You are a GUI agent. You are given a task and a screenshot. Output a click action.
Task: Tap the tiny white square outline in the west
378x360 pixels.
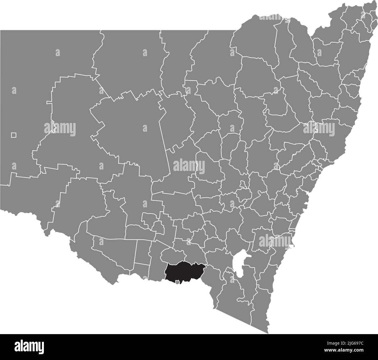(13, 135)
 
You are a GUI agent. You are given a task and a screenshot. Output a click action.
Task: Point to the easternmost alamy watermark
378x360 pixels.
(319, 128)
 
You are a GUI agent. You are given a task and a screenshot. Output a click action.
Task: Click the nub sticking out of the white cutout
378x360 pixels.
(249, 256)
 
